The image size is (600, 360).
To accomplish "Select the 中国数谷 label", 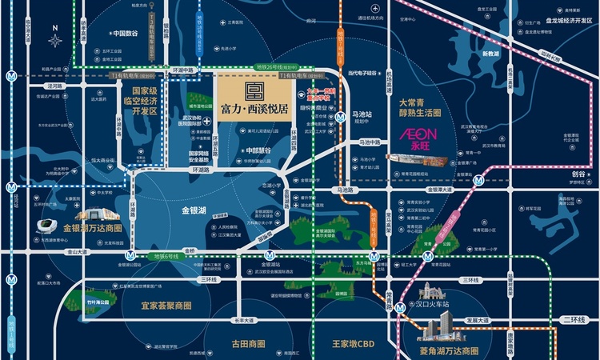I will tap(125, 34).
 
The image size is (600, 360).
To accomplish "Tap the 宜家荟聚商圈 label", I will tap(166, 306).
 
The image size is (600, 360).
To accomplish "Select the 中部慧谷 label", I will tap(258, 149).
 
